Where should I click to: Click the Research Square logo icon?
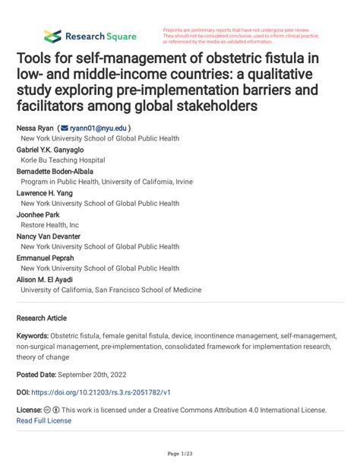[52, 36]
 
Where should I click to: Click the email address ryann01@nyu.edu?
[99, 129]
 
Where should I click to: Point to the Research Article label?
[42, 318]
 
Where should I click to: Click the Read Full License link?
[44, 420]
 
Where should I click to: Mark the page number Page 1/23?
[180, 453]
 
